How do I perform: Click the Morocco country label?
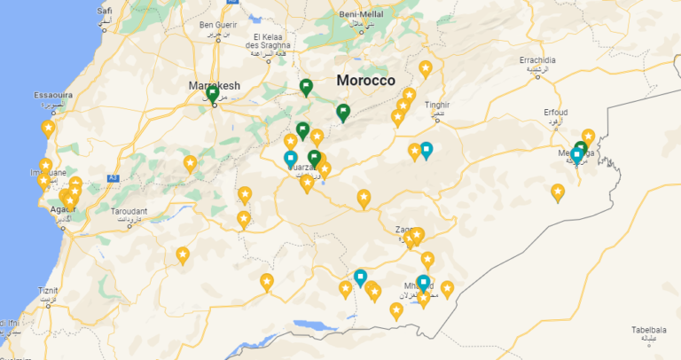(x=365, y=81)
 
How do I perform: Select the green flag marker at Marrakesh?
(x=213, y=94)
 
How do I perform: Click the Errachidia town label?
(x=537, y=60)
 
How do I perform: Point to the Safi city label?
(x=105, y=11)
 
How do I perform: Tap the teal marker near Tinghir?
(x=427, y=150)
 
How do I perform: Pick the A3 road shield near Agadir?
(x=113, y=178)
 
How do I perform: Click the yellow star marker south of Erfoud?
(x=558, y=192)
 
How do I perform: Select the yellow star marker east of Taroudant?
(x=190, y=163)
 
